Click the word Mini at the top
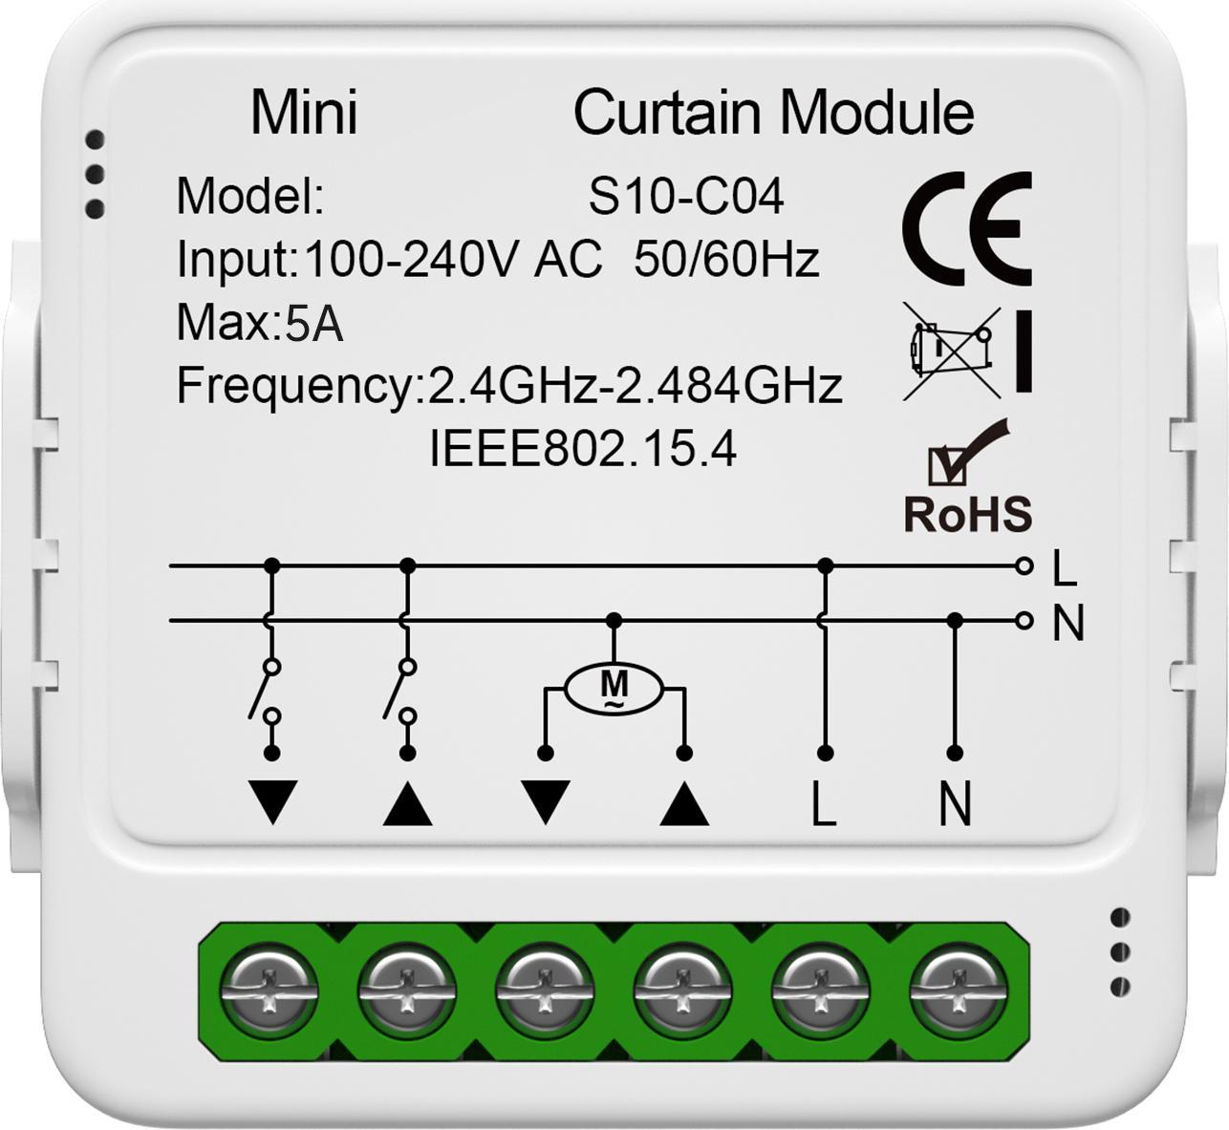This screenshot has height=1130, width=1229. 304,113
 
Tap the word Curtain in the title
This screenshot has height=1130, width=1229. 667,113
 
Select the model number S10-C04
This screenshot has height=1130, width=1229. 685,197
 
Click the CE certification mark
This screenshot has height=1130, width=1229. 967,228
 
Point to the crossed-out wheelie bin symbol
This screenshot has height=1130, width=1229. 952,352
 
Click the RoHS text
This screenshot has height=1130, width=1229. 967,514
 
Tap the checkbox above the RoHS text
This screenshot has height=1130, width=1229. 947,467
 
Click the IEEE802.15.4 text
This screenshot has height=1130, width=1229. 583,450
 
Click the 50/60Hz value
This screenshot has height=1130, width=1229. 726,260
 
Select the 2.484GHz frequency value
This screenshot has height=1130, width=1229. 728,386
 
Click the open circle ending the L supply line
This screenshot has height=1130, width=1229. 1024,565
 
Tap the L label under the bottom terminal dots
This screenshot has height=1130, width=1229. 824,802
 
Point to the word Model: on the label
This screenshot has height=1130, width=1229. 250,197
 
